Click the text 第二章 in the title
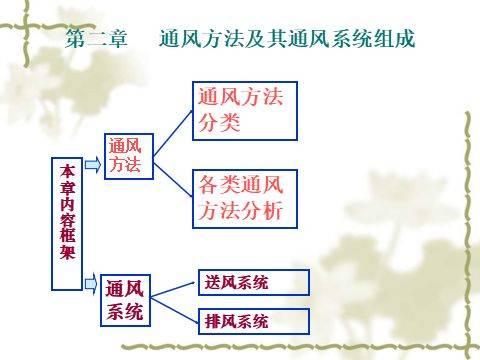[x=96, y=39]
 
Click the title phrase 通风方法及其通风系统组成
[x=287, y=39]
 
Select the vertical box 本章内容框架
[x=67, y=224]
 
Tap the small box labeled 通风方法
[x=129, y=156]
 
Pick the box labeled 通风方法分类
[x=245, y=111]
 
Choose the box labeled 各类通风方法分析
[x=245, y=199]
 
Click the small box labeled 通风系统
[x=125, y=300]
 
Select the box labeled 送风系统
[x=254, y=283]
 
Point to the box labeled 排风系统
[x=254, y=321]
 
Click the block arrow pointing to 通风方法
[x=93, y=165]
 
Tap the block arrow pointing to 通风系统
[x=91, y=284]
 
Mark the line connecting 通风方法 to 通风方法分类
[x=173, y=133]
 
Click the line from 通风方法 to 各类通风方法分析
[x=173, y=180]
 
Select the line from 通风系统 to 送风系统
[x=172, y=290]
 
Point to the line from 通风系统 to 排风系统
[x=174, y=310]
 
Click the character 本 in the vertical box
[x=67, y=171]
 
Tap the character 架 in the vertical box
[x=67, y=252]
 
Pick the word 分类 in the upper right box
[x=219, y=123]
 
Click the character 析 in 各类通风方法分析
[x=272, y=210]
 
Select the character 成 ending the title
[x=404, y=39]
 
